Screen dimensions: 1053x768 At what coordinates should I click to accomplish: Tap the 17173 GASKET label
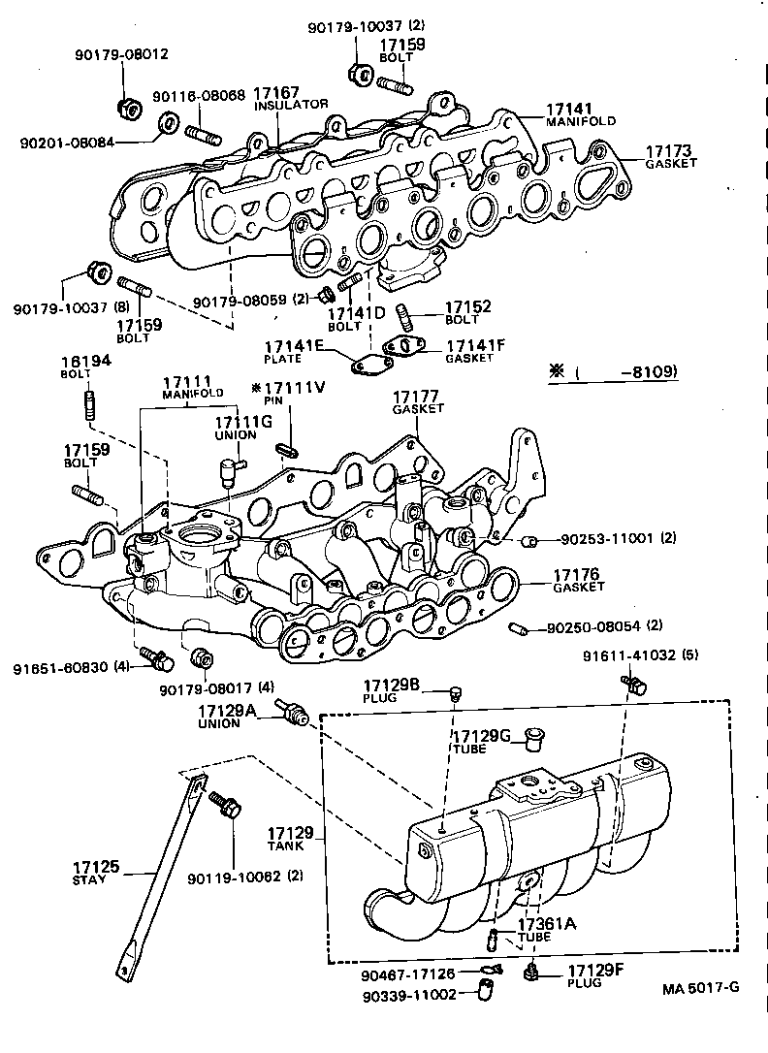point(669,157)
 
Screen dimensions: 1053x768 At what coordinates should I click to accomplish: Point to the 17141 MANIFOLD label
point(581,114)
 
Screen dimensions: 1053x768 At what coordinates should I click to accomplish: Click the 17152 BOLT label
point(467,311)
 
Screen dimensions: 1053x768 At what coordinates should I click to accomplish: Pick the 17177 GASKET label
point(418,402)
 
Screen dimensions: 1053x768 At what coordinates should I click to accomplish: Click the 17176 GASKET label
point(578,580)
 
